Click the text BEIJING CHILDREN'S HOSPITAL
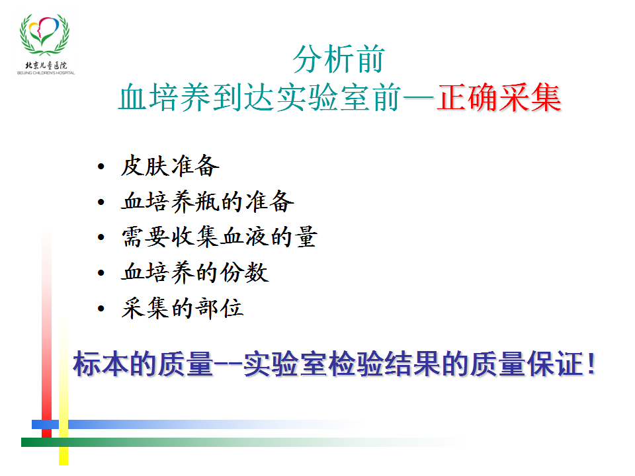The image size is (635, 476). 46,73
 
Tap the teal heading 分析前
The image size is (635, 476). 339,59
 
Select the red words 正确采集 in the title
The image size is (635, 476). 499,98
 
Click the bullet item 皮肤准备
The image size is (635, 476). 170,166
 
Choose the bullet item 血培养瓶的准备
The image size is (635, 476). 207,201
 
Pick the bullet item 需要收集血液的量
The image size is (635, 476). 219,237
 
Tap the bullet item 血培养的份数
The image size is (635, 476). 194,272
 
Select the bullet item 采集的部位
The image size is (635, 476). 183,308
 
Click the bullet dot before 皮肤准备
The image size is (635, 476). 101,167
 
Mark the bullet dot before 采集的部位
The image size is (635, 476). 101,309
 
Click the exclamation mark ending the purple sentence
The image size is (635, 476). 591,364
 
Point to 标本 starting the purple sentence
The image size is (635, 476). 101,364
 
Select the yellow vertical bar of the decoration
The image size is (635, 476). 63,392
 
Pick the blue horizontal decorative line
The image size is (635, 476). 198,424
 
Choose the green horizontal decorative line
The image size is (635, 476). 243,442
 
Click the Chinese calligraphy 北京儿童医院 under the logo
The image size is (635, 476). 46,65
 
